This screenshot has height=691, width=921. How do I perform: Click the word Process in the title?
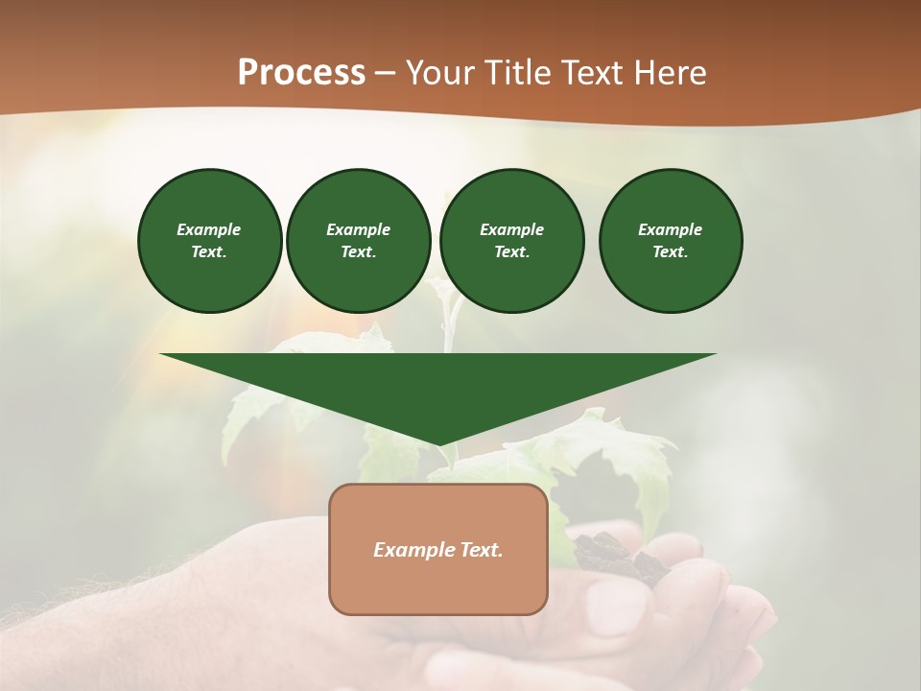point(301,73)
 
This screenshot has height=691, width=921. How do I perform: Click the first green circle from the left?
point(209,241)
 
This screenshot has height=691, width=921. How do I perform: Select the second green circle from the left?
point(358,241)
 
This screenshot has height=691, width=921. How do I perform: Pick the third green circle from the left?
point(511,241)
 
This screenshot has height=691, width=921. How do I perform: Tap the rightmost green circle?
point(671,241)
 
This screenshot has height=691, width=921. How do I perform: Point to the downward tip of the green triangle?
point(438,442)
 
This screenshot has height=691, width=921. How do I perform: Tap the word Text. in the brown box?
point(481,550)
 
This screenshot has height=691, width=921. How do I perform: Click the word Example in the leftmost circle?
point(209,229)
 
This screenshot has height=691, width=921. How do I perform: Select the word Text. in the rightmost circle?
point(671,252)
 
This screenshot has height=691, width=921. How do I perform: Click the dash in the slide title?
point(385,74)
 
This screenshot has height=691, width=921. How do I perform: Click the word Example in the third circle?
point(511,229)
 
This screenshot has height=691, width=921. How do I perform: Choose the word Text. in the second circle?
point(358,252)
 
